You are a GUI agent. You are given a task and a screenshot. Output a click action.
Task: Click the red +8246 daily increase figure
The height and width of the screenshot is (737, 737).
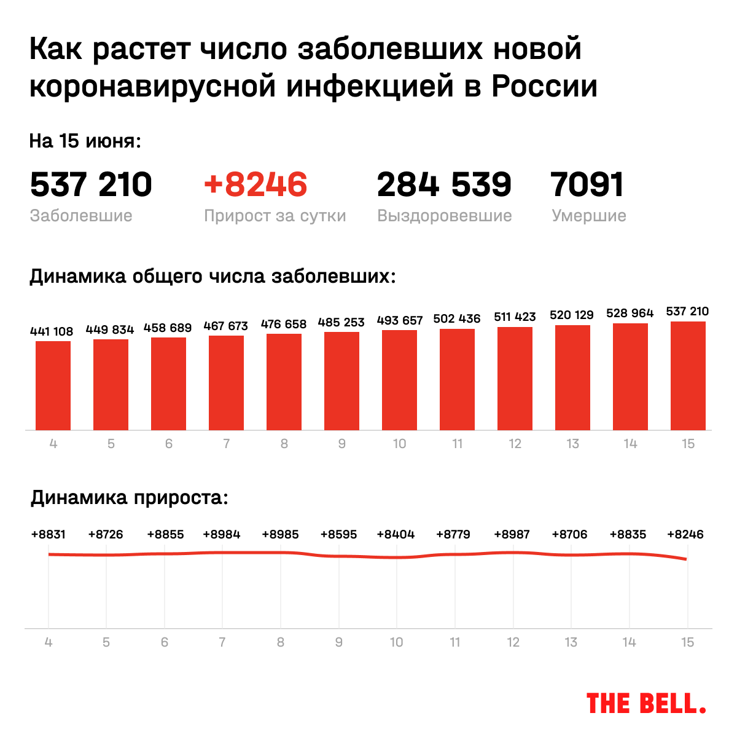pos(255,184)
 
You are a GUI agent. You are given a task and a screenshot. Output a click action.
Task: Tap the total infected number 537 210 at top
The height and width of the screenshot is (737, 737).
pos(91,184)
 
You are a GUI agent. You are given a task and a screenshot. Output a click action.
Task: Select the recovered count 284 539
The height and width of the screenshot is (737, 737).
pos(444,184)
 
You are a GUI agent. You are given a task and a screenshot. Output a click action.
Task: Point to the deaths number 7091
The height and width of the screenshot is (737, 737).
pos(588,184)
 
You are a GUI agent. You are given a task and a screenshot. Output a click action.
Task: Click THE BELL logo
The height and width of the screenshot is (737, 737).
pos(646,703)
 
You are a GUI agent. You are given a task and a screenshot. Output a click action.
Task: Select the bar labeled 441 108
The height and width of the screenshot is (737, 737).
pos(53,385)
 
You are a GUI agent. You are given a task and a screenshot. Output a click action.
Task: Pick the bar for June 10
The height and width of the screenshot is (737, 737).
pos(399,380)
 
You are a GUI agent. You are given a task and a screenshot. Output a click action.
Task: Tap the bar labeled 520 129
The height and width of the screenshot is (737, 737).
pos(572,377)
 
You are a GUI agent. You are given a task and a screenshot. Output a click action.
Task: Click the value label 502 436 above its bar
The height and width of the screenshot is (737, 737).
pos(457,318)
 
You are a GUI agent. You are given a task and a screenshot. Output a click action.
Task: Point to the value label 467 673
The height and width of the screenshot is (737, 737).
pos(225,326)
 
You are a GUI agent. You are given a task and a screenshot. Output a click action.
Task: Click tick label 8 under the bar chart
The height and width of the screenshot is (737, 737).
pos(284,444)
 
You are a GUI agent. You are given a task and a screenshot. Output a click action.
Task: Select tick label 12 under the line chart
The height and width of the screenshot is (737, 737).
pos(513,642)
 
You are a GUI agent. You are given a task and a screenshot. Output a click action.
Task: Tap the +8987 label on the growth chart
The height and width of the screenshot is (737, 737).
pos(512,534)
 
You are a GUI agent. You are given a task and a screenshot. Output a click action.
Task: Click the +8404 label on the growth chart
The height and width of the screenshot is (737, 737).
pos(396,534)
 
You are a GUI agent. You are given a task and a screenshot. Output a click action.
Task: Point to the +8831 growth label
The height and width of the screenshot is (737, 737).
pos(49,534)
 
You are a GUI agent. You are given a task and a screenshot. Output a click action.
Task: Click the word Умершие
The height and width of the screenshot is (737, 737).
pos(588,216)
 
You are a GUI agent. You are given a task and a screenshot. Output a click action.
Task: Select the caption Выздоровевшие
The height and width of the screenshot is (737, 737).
pos(445,216)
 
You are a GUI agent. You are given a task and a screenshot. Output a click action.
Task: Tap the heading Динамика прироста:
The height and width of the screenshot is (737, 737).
pos(130,497)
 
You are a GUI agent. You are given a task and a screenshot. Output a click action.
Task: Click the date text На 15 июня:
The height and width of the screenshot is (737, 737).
pos(85,141)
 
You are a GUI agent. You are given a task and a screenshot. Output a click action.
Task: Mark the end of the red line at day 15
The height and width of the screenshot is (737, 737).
pos(686,559)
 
